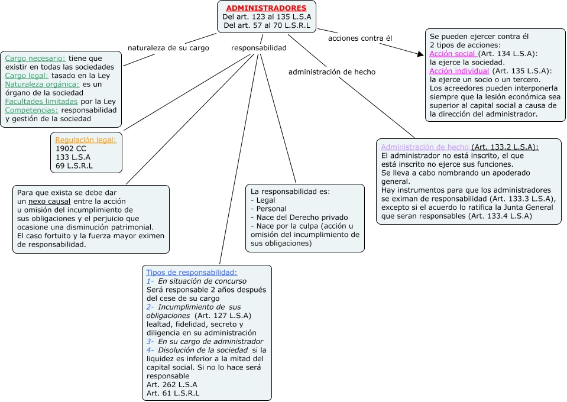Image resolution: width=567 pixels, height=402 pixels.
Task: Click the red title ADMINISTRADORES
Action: point(266,8)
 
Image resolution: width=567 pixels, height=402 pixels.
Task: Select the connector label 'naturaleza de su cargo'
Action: point(169,48)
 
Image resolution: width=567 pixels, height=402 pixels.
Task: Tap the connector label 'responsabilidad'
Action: point(259,48)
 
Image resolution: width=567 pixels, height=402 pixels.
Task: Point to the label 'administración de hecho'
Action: point(332,72)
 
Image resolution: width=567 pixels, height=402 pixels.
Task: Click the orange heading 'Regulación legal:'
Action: point(86,140)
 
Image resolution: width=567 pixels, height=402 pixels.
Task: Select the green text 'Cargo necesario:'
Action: point(35,59)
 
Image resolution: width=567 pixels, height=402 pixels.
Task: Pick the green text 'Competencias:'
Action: point(32,110)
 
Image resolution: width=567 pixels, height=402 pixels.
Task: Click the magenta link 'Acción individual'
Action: point(459,71)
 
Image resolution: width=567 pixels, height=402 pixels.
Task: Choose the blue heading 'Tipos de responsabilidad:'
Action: point(192,273)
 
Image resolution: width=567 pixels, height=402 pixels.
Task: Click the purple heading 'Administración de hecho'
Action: point(425,147)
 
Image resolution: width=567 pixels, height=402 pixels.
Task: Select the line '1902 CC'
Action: point(70,149)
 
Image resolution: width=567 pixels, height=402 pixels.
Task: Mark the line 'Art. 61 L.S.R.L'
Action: point(173,393)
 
